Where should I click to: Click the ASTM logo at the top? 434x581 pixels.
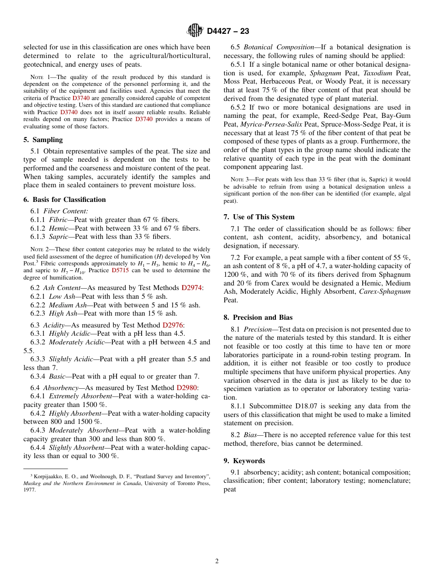pyautogui.click(x=195, y=31)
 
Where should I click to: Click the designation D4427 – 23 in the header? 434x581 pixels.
pyautogui.click(x=228, y=32)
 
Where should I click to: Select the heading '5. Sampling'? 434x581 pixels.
pyautogui.click(x=43, y=140)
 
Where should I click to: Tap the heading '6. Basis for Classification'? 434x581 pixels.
pyautogui.click(x=64, y=200)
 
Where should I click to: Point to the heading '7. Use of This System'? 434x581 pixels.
pyautogui.click(x=259, y=217)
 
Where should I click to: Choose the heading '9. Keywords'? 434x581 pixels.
pyautogui.click(x=244, y=461)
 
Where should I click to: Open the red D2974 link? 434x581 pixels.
pyautogui.click(x=191, y=288)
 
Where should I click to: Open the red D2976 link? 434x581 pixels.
pyautogui.click(x=173, y=325)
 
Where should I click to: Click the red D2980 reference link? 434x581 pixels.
pyautogui.click(x=186, y=388)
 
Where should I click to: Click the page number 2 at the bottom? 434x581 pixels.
pyautogui.click(x=217, y=561)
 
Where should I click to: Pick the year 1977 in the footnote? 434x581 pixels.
pyautogui.click(x=30, y=490)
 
